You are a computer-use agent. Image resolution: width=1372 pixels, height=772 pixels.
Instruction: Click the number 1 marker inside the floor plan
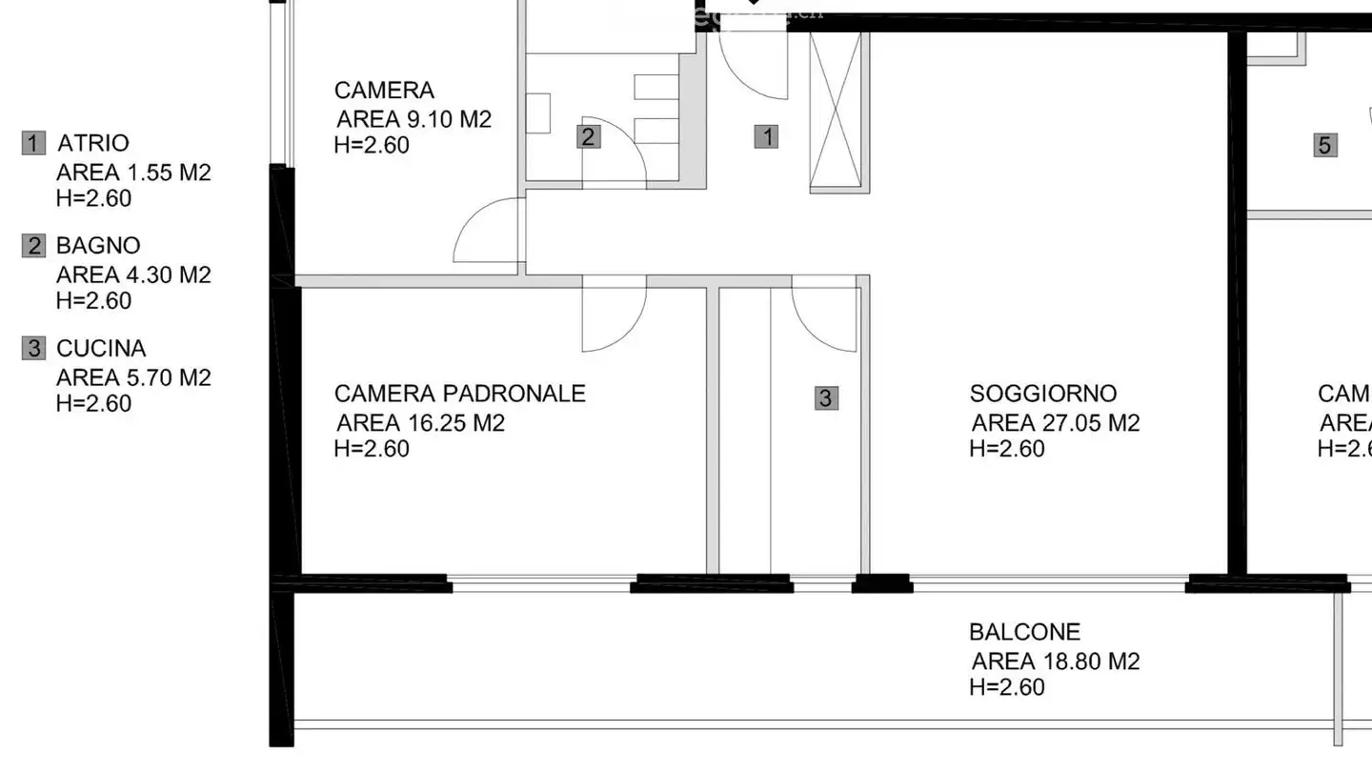tap(766, 136)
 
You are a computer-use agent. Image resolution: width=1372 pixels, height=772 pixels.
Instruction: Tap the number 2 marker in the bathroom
tap(588, 136)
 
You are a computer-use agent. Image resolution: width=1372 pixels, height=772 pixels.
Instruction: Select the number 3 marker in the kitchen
tap(826, 398)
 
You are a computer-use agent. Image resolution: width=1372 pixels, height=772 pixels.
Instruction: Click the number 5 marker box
tap(1324, 146)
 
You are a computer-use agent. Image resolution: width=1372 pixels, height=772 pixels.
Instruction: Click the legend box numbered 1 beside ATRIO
tap(33, 144)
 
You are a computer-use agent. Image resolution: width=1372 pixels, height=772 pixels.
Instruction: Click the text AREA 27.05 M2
tap(1055, 423)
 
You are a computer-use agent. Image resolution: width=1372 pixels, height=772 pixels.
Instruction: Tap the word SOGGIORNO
tap(1042, 394)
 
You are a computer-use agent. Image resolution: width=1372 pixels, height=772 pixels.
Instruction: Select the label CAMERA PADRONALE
tap(459, 394)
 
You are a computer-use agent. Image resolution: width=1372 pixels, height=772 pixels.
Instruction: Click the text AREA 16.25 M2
tap(420, 423)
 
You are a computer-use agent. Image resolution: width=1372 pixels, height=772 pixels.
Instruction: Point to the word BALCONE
tap(1024, 632)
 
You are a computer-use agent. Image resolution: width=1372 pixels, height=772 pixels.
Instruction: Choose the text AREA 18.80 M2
tap(1055, 661)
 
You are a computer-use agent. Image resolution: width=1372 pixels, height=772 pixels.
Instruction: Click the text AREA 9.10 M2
tap(414, 119)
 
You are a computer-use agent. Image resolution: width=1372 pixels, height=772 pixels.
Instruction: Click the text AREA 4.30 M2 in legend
tap(133, 274)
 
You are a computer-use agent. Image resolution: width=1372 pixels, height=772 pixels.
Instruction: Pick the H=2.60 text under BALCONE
tap(1006, 687)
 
